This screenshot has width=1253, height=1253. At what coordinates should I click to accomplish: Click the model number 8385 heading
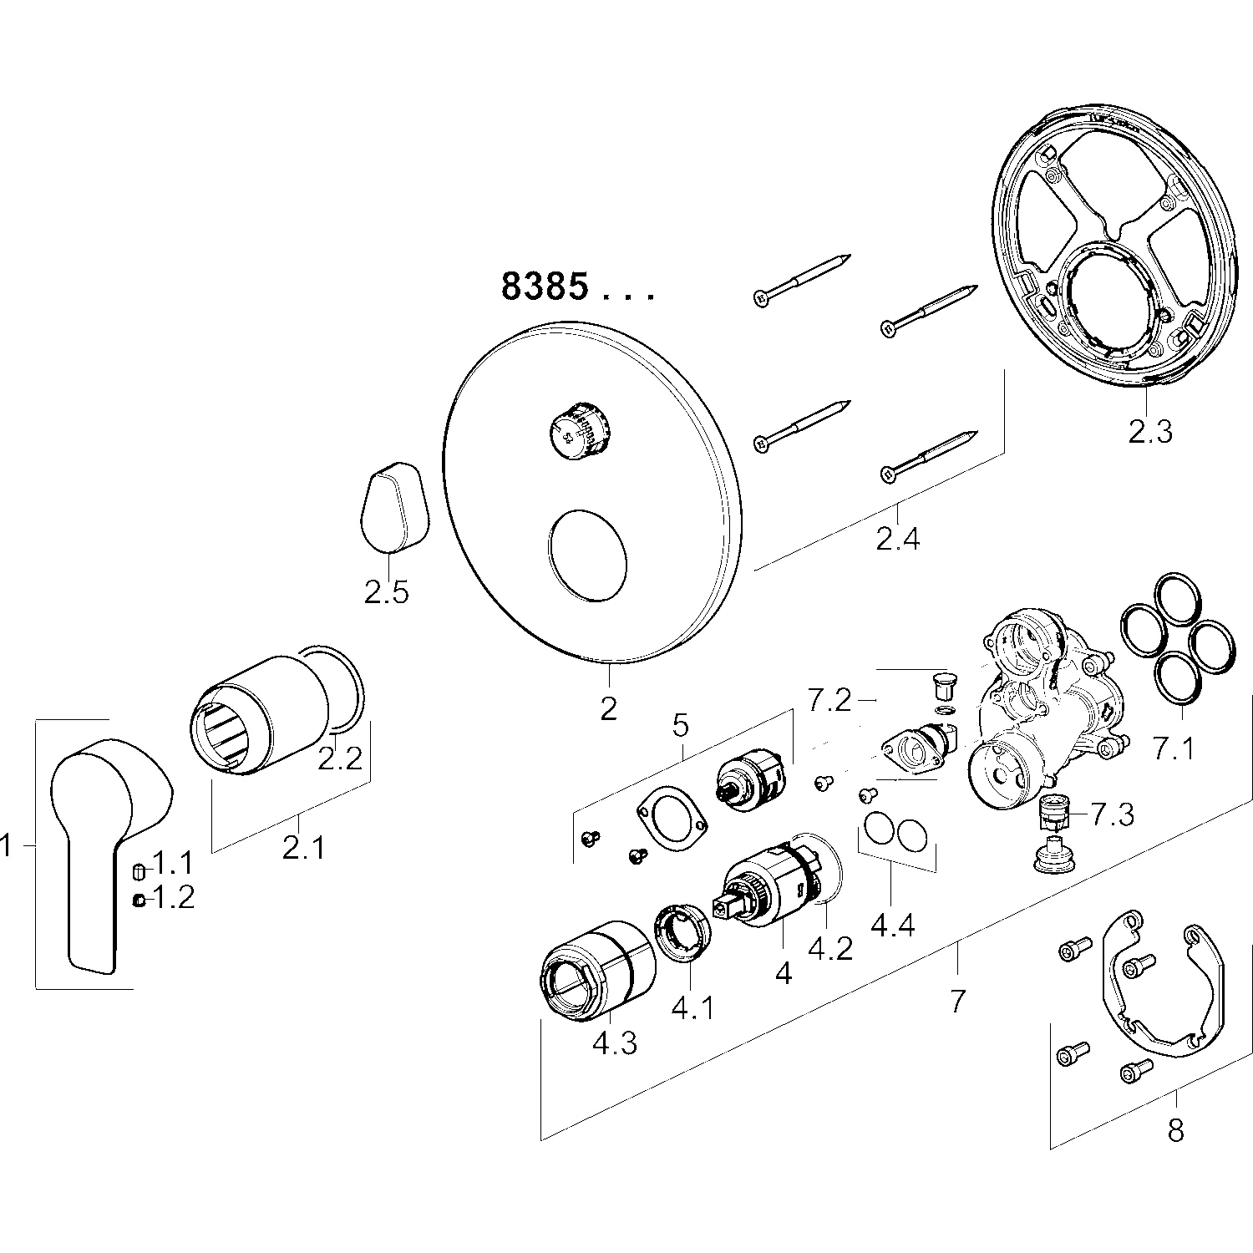545,287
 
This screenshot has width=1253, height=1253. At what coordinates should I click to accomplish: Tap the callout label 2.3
1150,432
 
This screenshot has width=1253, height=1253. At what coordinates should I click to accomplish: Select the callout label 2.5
386,592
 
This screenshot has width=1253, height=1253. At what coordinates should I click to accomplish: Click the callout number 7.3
1111,814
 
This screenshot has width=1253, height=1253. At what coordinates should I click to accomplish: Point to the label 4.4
893,926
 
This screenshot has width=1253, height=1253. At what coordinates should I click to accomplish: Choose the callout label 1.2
173,899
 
